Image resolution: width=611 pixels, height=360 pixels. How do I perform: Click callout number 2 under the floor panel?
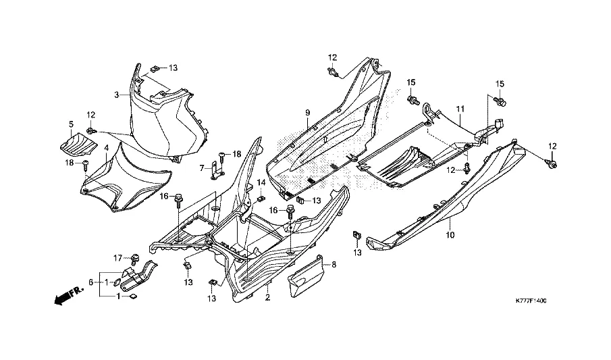(x=267, y=297)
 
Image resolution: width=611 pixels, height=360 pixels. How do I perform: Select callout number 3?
(x=116, y=95)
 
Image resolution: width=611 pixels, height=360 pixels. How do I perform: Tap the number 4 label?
(x=106, y=147)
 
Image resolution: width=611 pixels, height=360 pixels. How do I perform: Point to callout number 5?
(x=71, y=124)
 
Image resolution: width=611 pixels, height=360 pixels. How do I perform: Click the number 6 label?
(x=90, y=282)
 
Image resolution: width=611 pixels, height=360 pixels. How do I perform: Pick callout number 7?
(x=201, y=167)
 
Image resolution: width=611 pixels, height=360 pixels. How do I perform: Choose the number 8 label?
(x=332, y=266)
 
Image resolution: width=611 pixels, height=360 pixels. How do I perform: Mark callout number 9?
(x=307, y=111)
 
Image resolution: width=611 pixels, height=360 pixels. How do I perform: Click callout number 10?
(x=450, y=235)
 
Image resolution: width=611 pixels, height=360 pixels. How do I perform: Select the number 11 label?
(x=460, y=109)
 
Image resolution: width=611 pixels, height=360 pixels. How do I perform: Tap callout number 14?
(x=261, y=182)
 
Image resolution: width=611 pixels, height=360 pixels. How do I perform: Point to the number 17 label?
(x=117, y=257)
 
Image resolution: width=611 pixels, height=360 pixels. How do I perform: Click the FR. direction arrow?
(x=65, y=296)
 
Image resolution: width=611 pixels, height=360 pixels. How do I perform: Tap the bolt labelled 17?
(x=134, y=257)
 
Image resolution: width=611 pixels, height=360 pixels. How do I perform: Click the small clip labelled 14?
(x=261, y=199)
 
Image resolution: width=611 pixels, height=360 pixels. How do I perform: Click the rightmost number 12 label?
(x=552, y=147)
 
